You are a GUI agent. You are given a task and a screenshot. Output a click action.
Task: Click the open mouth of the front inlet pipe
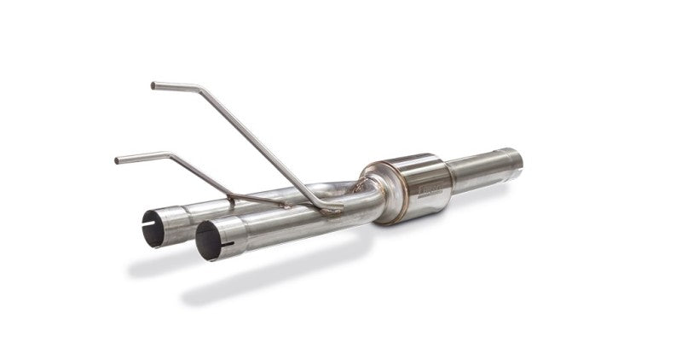click(x=209, y=241)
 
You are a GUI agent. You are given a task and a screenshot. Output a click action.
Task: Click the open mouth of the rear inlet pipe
click(x=153, y=228)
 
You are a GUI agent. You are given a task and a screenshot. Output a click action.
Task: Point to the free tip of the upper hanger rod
click(x=154, y=85)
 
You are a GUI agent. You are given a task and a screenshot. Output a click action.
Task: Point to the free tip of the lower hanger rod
click(x=118, y=159)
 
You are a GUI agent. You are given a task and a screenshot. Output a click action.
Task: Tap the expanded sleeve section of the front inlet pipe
click(x=234, y=235)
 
